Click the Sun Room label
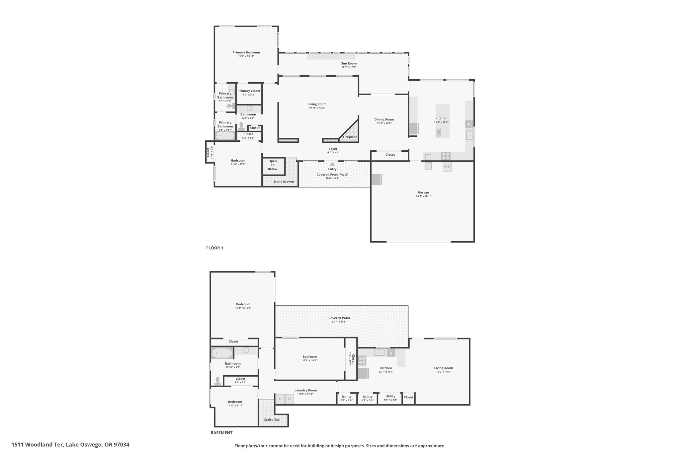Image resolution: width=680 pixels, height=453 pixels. click(349, 63)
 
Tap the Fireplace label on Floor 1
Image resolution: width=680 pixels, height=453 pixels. click(350, 137)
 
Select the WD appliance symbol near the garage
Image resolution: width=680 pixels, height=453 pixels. click(447, 167)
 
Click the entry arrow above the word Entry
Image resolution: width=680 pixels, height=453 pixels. click(332, 164)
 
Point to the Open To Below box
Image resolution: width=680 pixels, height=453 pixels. click(274, 166)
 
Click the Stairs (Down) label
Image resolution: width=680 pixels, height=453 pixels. click(284, 182)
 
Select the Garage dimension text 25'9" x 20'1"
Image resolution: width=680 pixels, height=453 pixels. click(423, 196)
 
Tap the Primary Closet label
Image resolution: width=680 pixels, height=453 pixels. click(249, 91)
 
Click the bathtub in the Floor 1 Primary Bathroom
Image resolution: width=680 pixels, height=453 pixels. click(225, 136)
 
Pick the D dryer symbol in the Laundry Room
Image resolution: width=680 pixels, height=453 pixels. click(280, 399)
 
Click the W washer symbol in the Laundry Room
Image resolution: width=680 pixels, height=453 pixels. click(289, 399)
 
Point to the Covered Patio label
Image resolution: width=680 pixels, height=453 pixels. click(339, 318)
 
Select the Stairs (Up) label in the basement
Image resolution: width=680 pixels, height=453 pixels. click(272, 419)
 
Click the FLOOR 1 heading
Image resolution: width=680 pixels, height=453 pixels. click(214, 248)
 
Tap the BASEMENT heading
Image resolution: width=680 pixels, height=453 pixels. click(221, 433)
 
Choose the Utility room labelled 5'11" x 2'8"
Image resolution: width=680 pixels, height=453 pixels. click(390, 398)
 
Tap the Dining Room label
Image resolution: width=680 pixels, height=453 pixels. click(384, 119)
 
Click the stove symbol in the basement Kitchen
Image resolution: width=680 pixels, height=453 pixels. click(362, 360)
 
